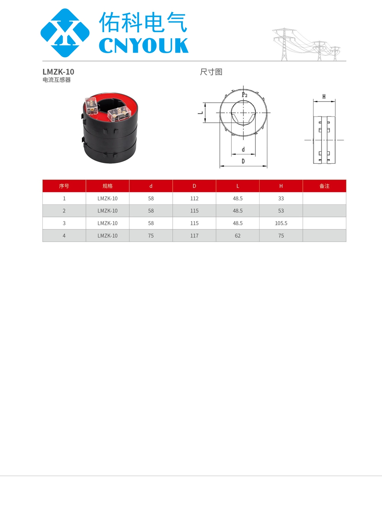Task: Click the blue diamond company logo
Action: [65, 33]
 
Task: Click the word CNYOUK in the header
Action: [144, 45]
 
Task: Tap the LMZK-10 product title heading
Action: [58, 72]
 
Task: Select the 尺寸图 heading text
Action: [211, 72]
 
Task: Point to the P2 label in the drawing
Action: [244, 95]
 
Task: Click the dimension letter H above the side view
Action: [324, 97]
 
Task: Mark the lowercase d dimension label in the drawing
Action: [243, 150]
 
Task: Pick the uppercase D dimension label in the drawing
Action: [243, 161]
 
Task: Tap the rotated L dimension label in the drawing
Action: [201, 113]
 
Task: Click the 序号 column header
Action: [64, 186]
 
